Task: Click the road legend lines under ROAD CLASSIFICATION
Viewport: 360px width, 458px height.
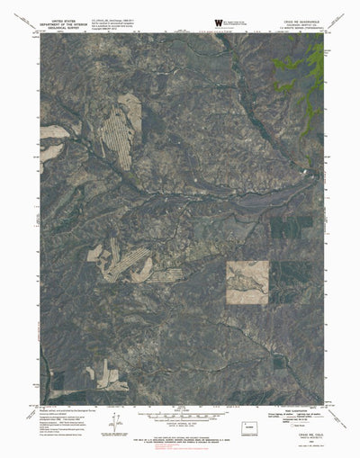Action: (x=292, y=415)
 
